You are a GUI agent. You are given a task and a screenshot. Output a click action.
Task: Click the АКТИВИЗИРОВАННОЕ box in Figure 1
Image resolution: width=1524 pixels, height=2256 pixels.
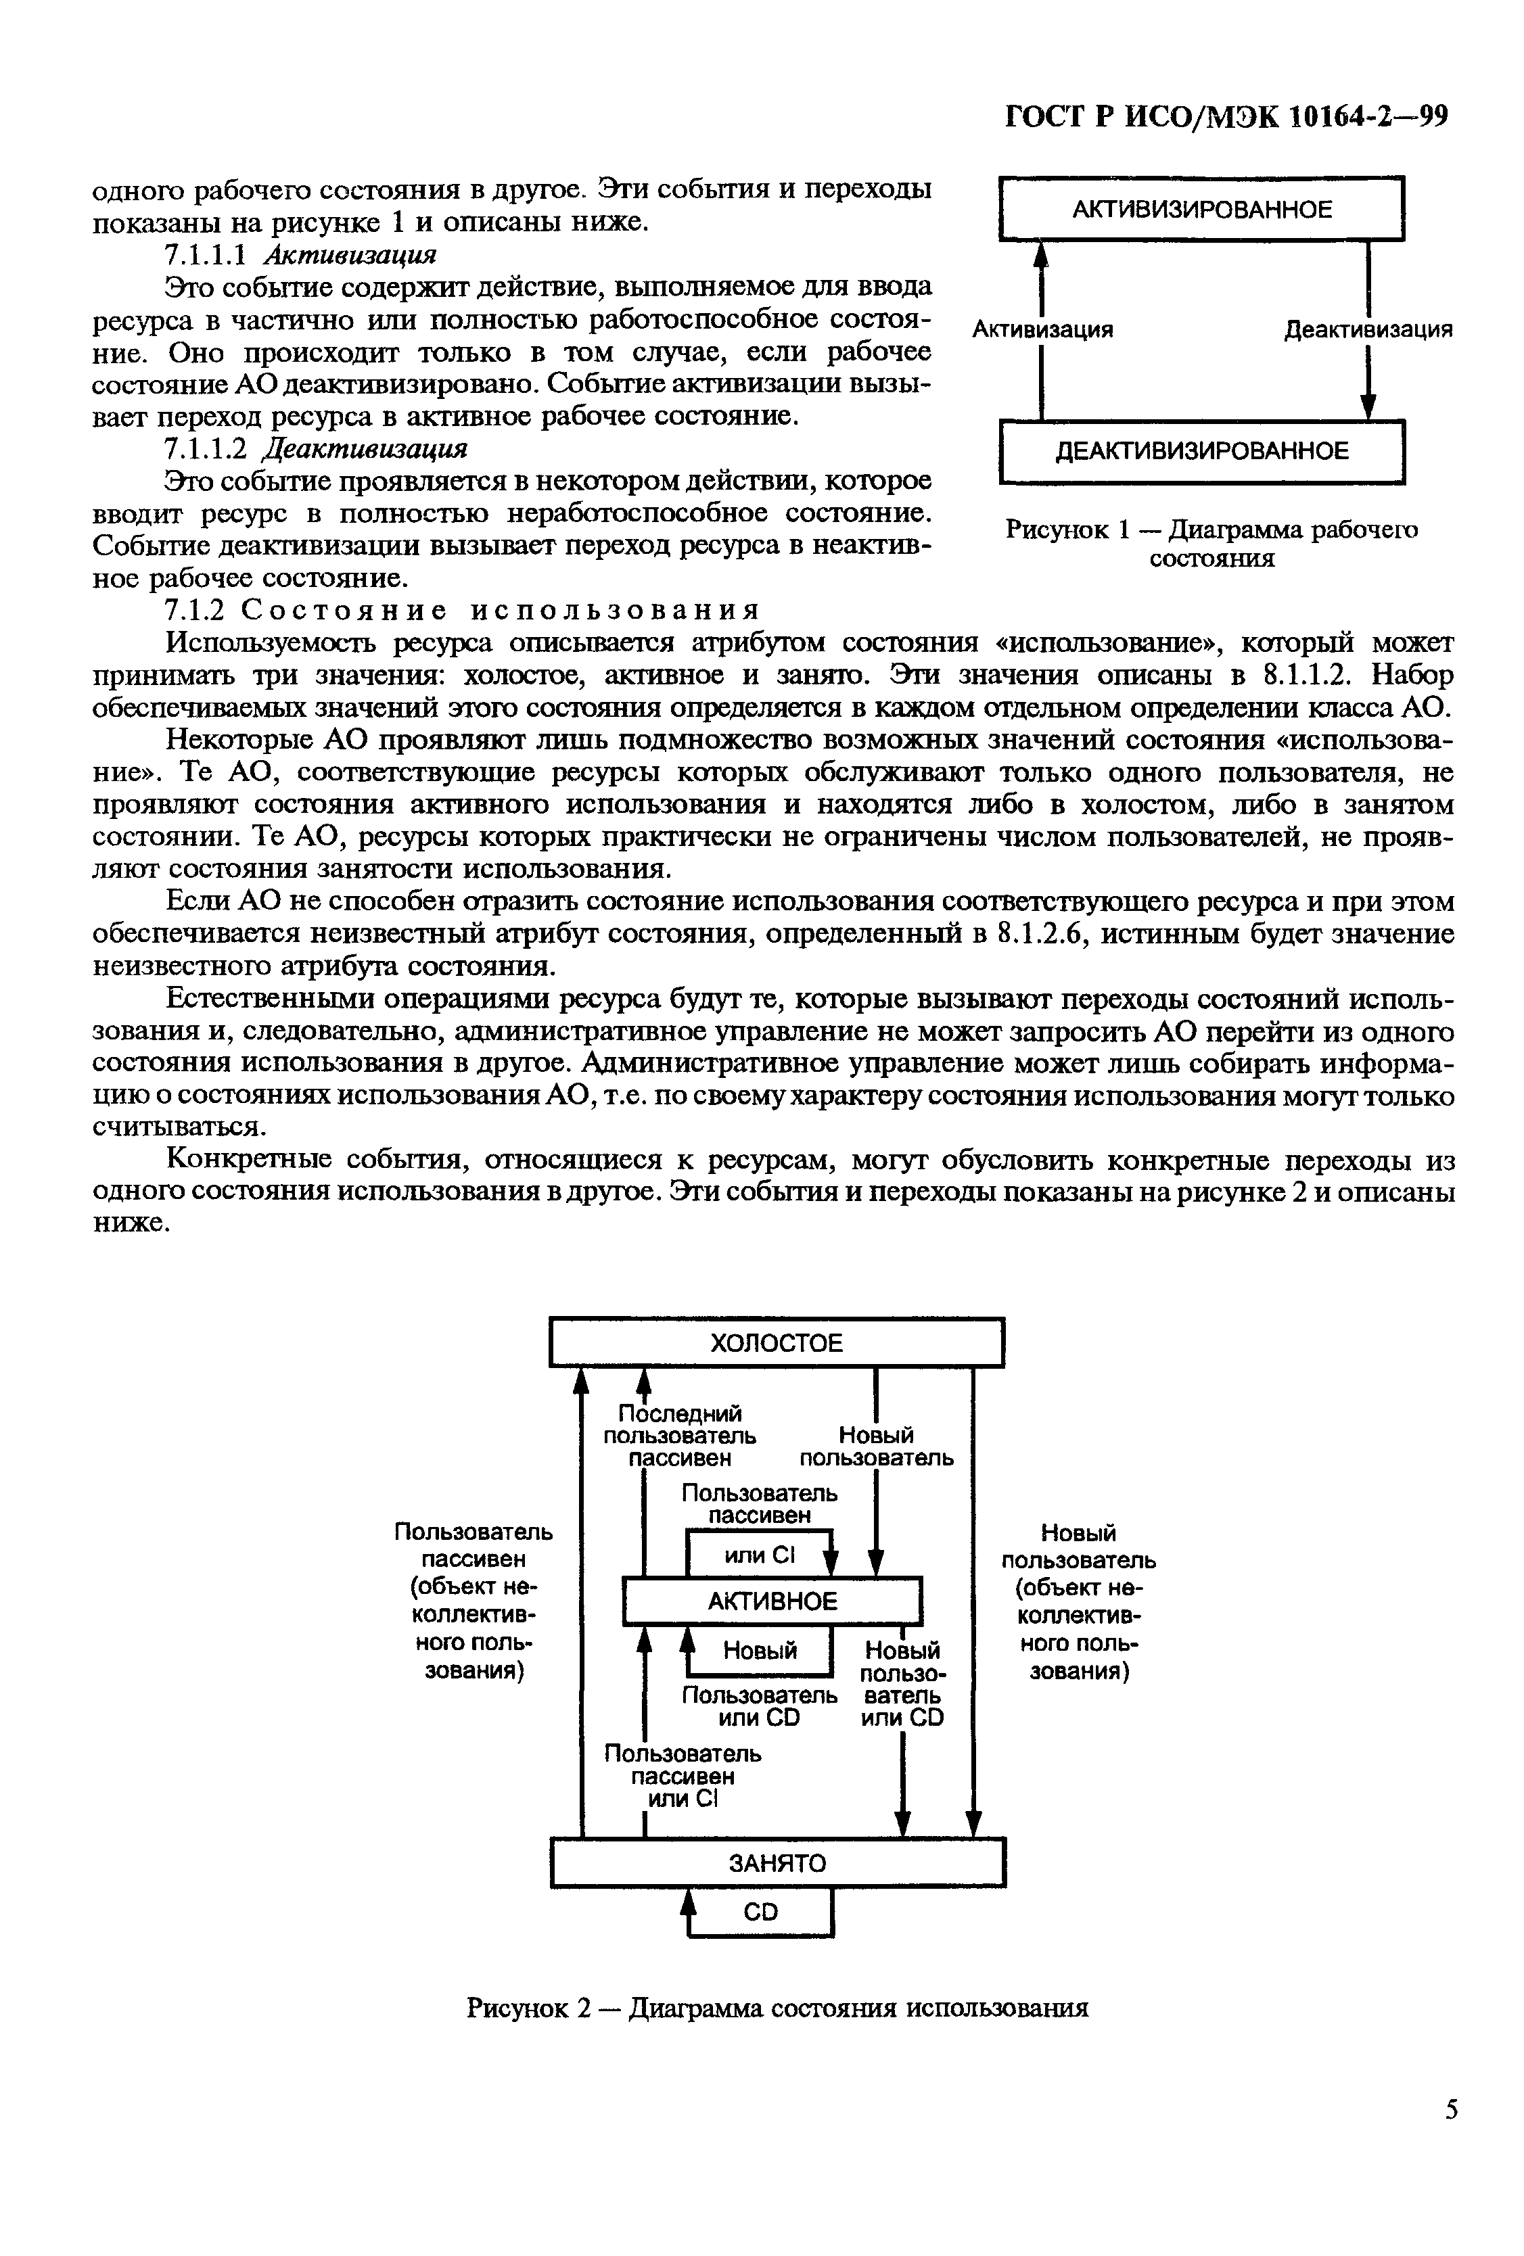(x=1201, y=209)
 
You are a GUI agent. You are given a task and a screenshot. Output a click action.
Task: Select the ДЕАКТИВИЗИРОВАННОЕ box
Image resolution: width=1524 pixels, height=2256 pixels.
(x=1201, y=450)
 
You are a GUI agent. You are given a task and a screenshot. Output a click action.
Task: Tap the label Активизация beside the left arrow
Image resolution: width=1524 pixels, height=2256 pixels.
(x=1042, y=330)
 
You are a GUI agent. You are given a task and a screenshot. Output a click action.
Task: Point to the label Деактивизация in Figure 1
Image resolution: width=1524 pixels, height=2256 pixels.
(x=1368, y=330)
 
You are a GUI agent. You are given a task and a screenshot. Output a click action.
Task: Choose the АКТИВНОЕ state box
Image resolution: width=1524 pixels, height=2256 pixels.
(x=772, y=1601)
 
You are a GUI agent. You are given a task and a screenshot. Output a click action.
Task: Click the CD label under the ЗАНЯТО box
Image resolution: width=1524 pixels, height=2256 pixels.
(x=760, y=1911)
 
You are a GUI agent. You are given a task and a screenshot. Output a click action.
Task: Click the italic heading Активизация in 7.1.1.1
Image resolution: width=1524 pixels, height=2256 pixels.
(x=350, y=254)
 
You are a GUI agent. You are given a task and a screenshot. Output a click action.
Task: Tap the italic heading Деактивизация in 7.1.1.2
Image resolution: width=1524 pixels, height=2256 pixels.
(x=365, y=448)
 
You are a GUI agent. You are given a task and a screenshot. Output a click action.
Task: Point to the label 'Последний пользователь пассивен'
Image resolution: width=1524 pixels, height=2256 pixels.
(x=680, y=1436)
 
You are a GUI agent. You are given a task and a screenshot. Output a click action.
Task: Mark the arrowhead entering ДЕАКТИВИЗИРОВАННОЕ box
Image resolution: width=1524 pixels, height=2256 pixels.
(x=1368, y=408)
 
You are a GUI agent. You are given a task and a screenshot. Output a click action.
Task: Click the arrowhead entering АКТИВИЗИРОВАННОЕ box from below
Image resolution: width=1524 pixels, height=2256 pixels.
(x=1042, y=254)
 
